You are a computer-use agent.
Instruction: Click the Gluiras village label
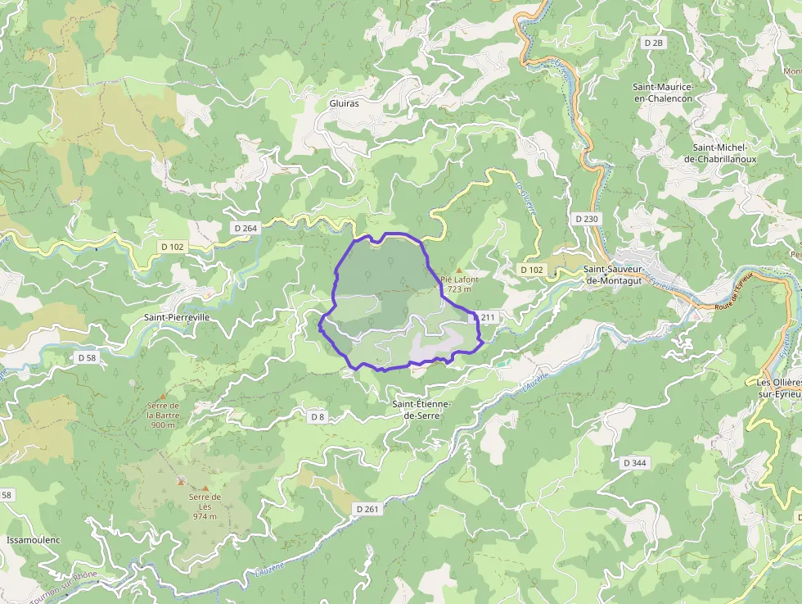pos(344,104)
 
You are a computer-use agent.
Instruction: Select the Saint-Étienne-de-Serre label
pos(422,410)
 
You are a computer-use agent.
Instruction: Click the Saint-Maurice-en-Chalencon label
pos(662,93)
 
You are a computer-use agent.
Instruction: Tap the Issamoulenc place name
pos(34,540)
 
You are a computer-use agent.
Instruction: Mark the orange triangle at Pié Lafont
pos(459,270)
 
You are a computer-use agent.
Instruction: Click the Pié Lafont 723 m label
pos(459,284)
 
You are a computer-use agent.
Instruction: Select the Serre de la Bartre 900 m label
pos(162,415)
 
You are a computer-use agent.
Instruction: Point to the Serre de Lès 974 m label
pos(205,506)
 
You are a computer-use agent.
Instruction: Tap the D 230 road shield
pos(587,219)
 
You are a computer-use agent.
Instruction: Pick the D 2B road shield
pos(652,42)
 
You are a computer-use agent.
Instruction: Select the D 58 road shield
pos(87,358)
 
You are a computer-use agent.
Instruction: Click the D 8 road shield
pos(318,417)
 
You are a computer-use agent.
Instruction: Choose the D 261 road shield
pos(367,509)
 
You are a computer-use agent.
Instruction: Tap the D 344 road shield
pos(634,463)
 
